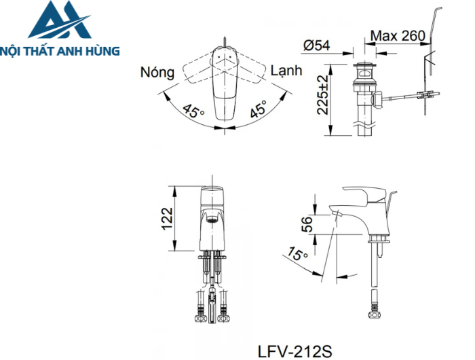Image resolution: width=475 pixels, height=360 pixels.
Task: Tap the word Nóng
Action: [x=157, y=73]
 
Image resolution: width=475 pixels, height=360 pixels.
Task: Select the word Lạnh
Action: [x=287, y=71]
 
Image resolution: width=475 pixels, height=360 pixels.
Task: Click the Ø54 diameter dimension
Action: [x=317, y=45]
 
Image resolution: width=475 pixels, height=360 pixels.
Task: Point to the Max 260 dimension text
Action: [x=398, y=35]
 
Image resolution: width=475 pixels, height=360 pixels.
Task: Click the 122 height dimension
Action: [x=168, y=218]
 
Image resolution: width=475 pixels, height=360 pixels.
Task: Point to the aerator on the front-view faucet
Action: [x=212, y=219]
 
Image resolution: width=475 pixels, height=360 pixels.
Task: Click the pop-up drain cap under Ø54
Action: [x=367, y=68]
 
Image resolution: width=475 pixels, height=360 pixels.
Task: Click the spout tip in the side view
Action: [x=335, y=213]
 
